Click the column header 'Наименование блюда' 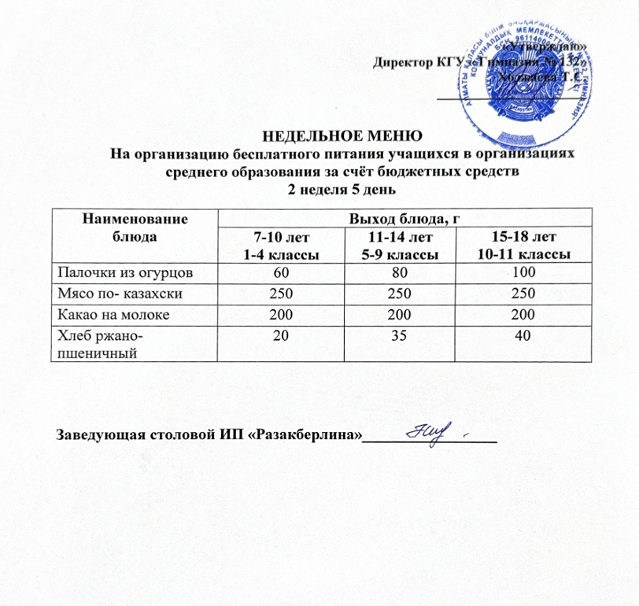133,227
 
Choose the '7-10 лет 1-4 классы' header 280,245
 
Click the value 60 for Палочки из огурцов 281,272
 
